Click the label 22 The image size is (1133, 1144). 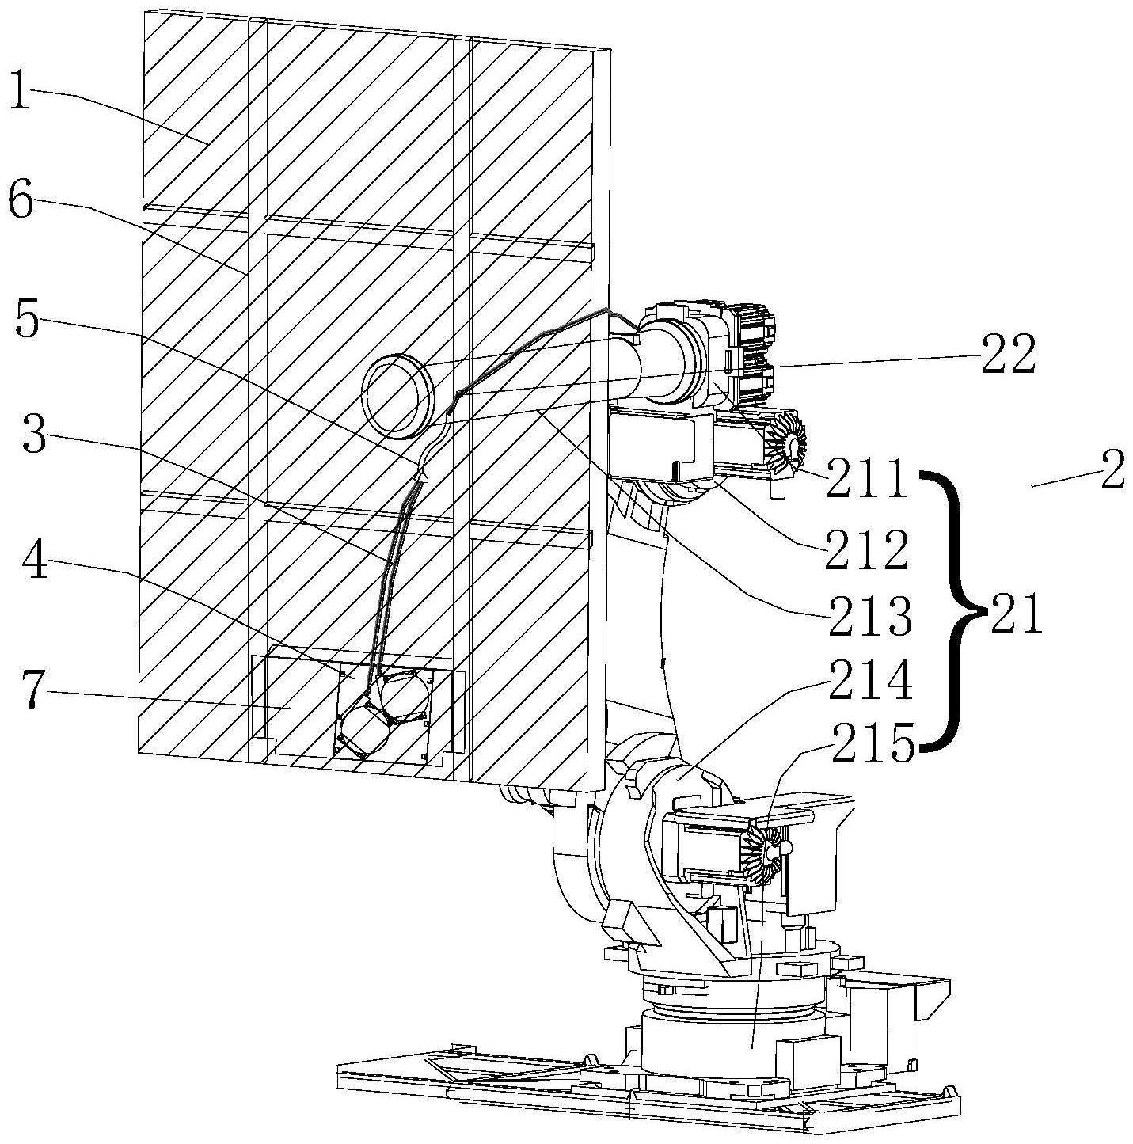tap(1008, 355)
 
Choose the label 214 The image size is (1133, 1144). tap(871, 680)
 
